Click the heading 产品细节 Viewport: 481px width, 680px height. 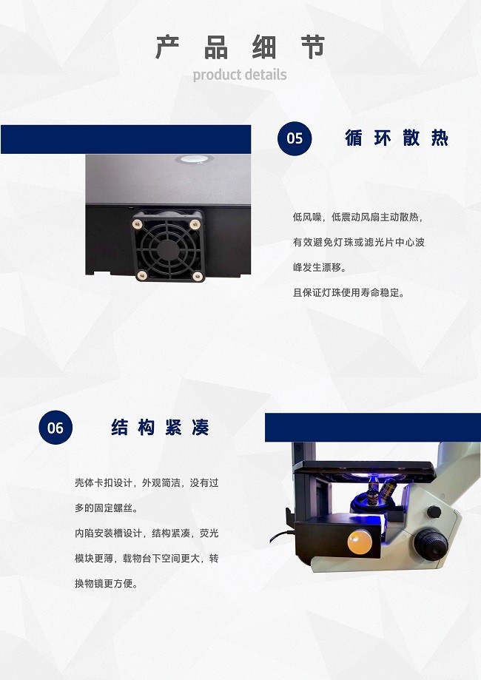(240, 47)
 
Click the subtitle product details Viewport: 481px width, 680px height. (240, 75)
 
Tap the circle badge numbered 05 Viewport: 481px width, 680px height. (295, 138)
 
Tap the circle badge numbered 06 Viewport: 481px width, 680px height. (55, 428)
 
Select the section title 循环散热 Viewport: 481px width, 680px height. (397, 138)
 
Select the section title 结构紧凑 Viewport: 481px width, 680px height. (160, 427)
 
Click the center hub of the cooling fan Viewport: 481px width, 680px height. (167, 250)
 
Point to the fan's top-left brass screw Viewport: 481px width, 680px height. (138, 224)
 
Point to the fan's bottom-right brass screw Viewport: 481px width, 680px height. (198, 275)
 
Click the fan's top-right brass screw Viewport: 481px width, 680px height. (195, 224)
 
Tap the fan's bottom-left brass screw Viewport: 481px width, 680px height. (141, 275)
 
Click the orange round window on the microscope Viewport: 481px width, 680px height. (360, 542)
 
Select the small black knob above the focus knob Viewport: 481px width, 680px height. (434, 512)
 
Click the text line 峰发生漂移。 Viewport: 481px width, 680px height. (320, 268)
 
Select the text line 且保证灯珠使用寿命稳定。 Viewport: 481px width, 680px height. (349, 293)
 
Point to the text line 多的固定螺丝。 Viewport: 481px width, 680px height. (107, 508)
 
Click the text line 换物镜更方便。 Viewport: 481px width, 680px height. (107, 583)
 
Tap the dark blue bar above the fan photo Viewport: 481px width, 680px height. (126, 139)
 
